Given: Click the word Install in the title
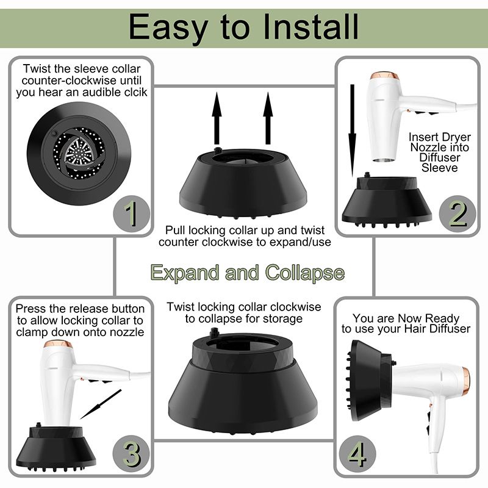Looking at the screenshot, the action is (311, 27).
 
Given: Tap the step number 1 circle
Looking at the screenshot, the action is (131, 213).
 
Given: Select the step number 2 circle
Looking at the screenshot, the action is (457, 213).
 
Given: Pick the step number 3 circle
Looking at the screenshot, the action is (131, 453).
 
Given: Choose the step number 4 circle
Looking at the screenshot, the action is (357, 453).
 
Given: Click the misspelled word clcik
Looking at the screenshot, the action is (135, 93).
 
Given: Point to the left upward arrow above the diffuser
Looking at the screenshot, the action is (217, 118).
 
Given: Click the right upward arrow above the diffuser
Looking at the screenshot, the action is (268, 118).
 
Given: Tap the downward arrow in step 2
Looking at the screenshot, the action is (353, 131).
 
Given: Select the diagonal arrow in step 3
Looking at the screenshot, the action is (101, 404).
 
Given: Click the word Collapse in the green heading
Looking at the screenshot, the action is (304, 273).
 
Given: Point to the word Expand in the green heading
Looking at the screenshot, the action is (185, 273).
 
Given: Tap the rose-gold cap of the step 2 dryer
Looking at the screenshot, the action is (385, 76).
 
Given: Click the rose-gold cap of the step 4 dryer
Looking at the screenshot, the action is (466, 381).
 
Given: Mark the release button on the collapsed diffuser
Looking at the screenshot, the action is (214, 332).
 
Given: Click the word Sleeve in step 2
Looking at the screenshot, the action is (439, 168).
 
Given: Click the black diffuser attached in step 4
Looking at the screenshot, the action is (369, 380).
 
